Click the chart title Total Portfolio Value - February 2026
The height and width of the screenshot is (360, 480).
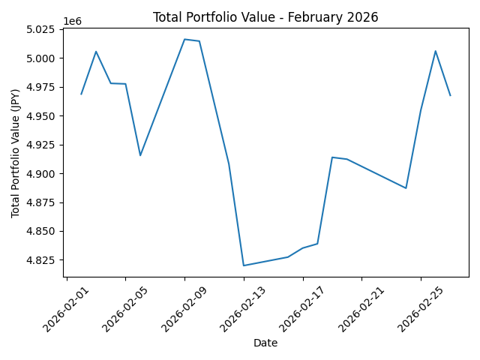(x=265, y=17)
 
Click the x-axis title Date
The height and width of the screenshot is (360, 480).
(x=265, y=343)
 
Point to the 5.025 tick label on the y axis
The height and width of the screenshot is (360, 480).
(x=39, y=30)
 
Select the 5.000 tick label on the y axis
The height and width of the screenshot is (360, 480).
(x=39, y=58)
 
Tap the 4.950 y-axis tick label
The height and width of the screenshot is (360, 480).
(x=39, y=116)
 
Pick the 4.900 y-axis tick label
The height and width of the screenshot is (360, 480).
(x=39, y=174)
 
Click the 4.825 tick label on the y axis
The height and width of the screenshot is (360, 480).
(x=39, y=260)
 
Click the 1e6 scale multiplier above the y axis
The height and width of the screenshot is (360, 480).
(x=72, y=21)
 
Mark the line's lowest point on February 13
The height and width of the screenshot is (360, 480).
(x=244, y=265)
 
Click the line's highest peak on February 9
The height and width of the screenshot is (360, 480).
(x=184, y=39)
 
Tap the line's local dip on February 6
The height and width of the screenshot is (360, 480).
(x=140, y=155)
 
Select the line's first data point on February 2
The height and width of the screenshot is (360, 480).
(x=81, y=94)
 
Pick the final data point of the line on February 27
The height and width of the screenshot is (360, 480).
(x=450, y=95)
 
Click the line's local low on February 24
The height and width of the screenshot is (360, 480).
(x=406, y=188)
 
